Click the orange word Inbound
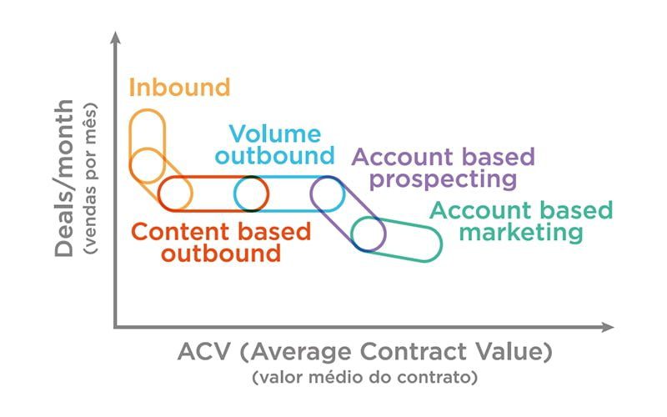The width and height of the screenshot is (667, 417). pos(179,88)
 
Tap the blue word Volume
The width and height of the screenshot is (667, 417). pos(275,134)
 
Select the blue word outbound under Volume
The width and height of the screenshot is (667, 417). pos(275,155)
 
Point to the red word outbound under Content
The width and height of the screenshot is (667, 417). pos(221,254)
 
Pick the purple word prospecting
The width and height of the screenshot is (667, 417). pos(444,180)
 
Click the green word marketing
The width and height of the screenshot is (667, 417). pos(521,234)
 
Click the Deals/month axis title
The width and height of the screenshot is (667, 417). pos(64,178)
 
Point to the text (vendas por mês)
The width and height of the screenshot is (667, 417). pos(90,178)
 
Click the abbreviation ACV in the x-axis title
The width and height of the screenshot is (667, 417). pos(204,352)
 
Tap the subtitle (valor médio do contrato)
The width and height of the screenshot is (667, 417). pos(365,378)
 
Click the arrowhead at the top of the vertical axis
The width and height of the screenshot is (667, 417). pos(115,38)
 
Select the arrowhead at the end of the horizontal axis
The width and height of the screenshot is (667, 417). pos(608,327)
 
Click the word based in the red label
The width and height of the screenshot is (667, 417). pos(274,232)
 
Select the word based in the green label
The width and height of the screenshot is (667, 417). pos(576,210)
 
